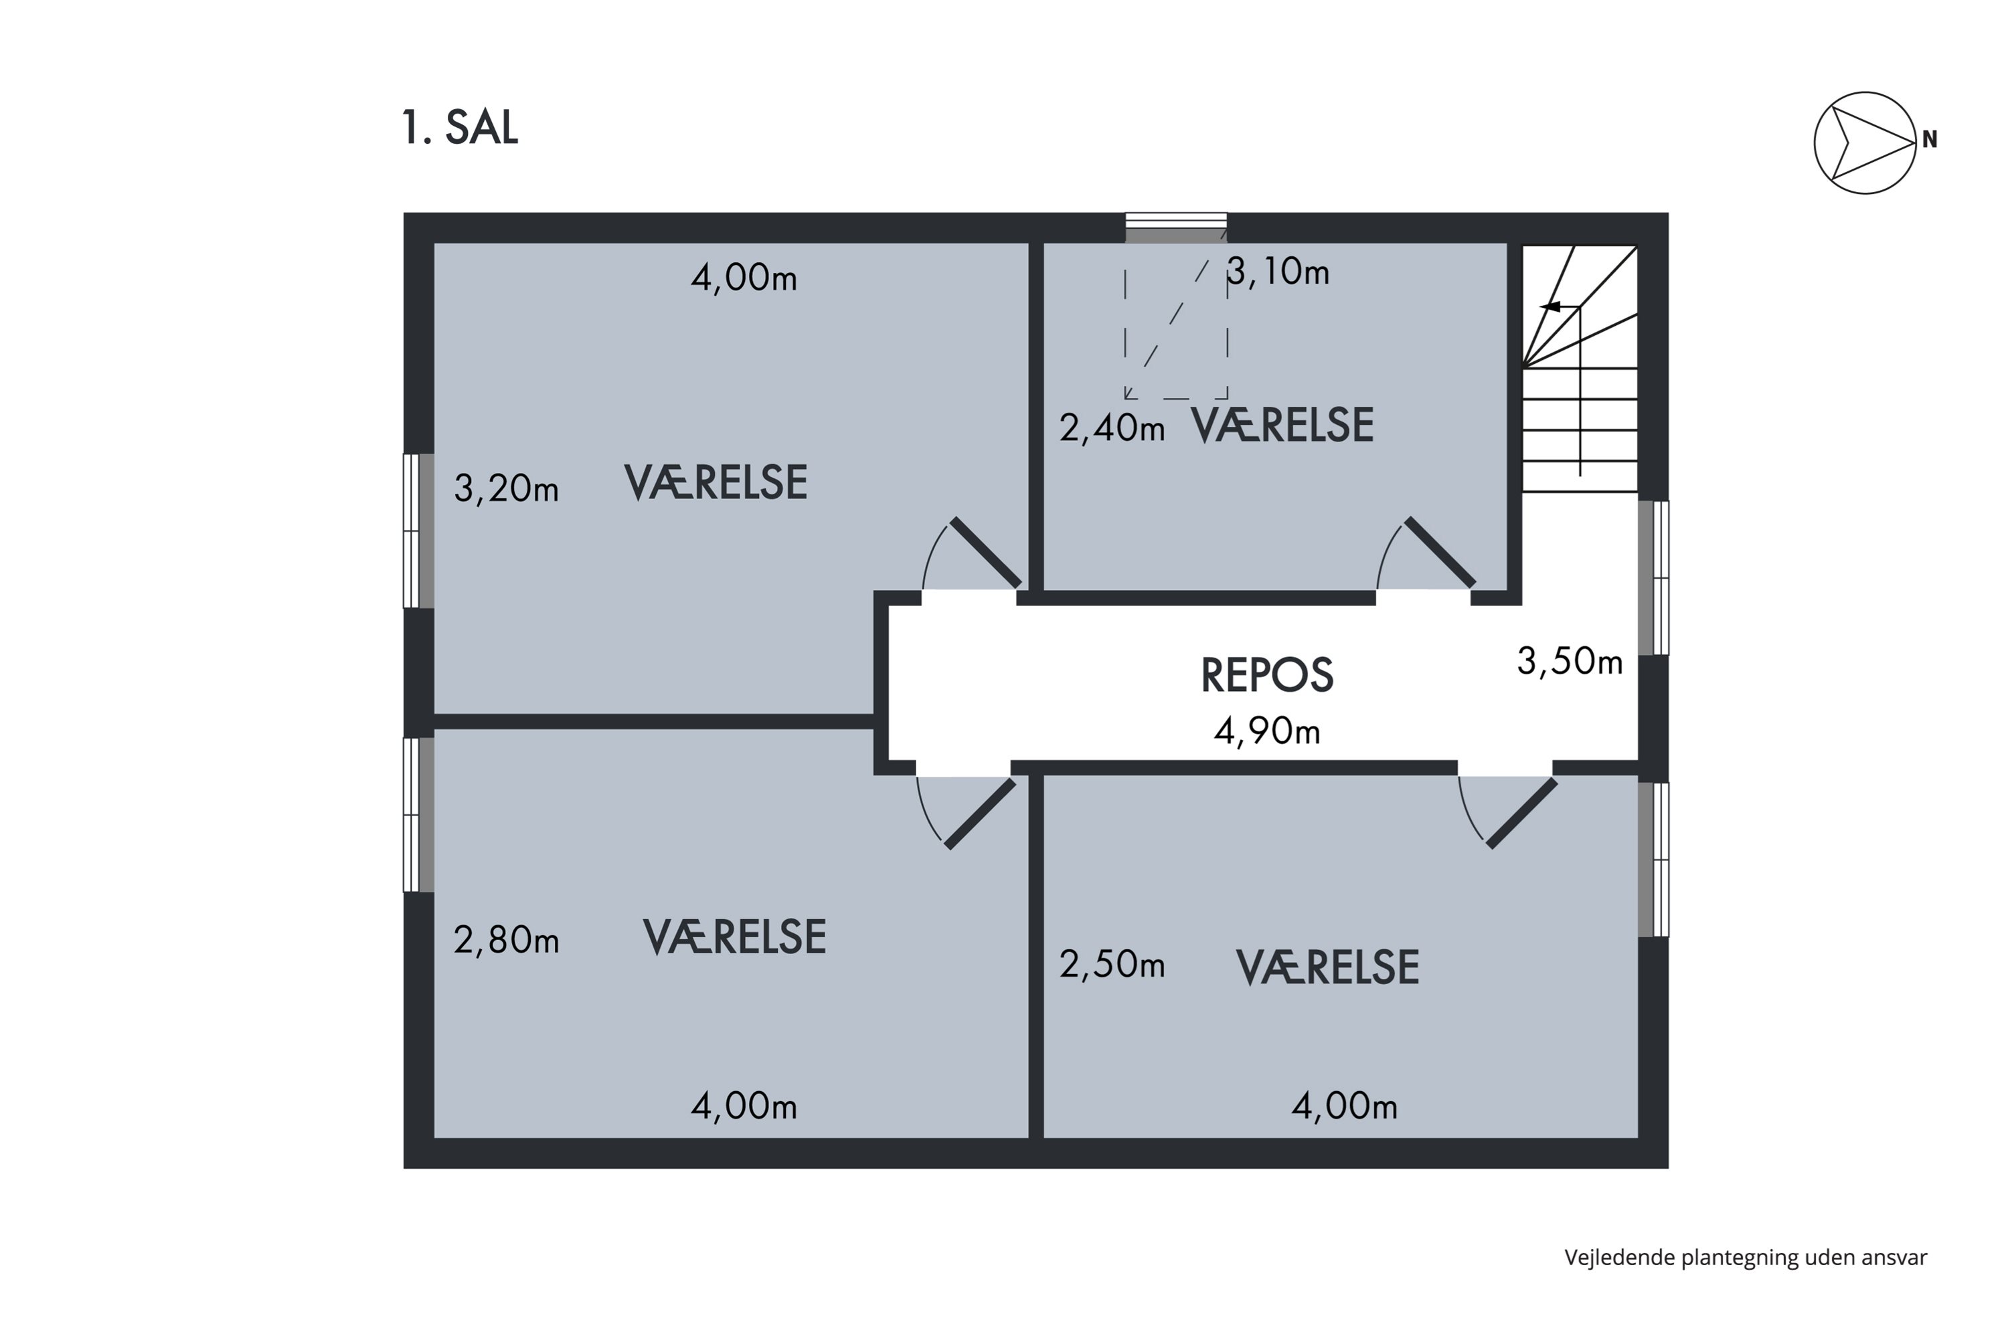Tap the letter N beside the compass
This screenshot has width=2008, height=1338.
[x=1930, y=140]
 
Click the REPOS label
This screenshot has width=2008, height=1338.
[x=1266, y=676]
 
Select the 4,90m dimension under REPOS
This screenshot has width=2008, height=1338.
[x=1267, y=731]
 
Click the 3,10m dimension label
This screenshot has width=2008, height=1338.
[x=1278, y=272]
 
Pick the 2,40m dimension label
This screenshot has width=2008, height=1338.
[x=1112, y=427]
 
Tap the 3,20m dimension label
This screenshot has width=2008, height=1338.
[x=506, y=489]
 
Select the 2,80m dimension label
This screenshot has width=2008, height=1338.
[x=506, y=941]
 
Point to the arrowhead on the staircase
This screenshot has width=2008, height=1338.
[x=1550, y=307]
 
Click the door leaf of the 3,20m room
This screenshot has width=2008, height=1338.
[x=986, y=553]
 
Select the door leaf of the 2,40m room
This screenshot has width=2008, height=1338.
[x=1440, y=553]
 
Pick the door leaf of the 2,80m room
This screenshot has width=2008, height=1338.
[x=980, y=814]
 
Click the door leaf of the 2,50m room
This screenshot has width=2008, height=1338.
[x=1521, y=814]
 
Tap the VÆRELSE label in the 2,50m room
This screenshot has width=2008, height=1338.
[x=1327, y=967]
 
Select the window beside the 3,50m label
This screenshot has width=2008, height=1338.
[x=1654, y=578]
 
